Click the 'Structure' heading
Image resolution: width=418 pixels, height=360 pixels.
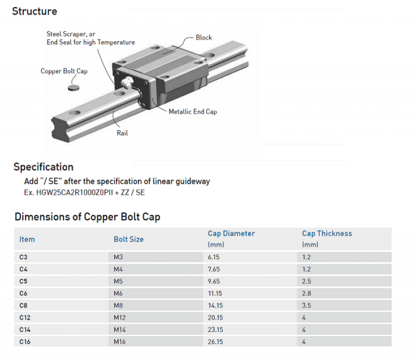[35, 11]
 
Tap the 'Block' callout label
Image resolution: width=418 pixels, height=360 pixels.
[203, 38]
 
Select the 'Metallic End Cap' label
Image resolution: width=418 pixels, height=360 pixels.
[192, 111]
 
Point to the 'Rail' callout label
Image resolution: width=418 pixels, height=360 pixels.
[122, 132]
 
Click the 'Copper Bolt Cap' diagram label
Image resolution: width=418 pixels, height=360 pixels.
[64, 71]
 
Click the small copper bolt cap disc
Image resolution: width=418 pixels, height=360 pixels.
[74, 86]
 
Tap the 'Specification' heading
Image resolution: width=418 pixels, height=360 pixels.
[43, 167]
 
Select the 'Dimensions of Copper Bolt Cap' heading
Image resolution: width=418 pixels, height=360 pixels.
[87, 217]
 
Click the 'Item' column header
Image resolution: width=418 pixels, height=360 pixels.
[27, 240]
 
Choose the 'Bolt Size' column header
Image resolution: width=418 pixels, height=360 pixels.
[128, 240]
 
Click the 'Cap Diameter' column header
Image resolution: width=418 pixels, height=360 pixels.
[231, 234]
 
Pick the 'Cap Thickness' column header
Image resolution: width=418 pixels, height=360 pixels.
[327, 234]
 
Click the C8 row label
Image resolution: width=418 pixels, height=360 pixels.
[24, 305]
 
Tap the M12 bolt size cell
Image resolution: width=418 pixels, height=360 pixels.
[121, 318]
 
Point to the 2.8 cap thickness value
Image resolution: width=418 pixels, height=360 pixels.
[307, 293]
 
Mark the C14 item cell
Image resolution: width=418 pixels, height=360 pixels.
[26, 329]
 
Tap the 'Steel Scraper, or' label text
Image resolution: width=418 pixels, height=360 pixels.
[71, 33]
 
